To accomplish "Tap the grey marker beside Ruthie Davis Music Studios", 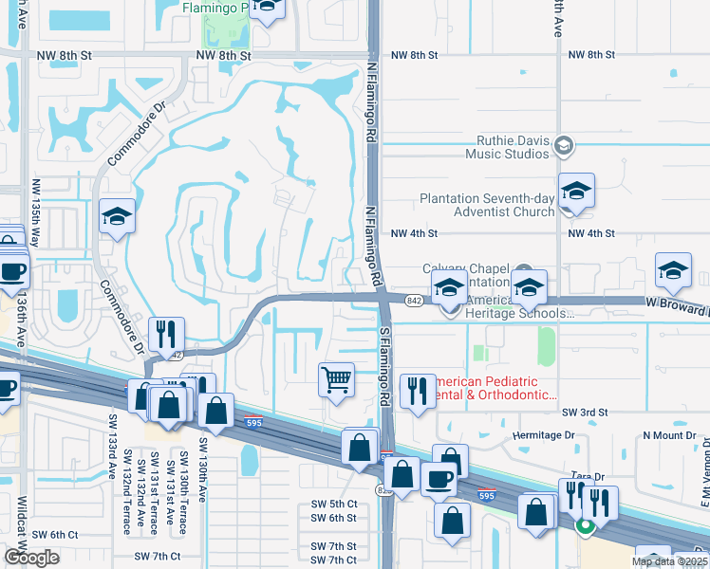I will (x=565, y=145).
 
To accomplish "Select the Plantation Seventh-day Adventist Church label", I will (x=487, y=205).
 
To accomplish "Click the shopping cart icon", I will (x=337, y=380).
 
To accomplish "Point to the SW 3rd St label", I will (x=584, y=413).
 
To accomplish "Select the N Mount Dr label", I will (x=669, y=434).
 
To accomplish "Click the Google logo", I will (x=31, y=557).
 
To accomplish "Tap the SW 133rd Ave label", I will (x=111, y=469).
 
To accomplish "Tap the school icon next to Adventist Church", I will (x=575, y=192).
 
